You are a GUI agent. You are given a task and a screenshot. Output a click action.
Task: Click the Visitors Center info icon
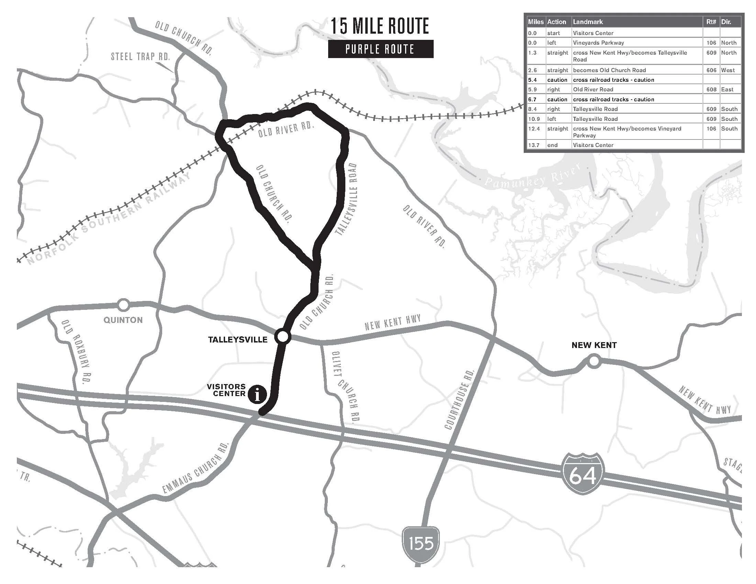point(257,394)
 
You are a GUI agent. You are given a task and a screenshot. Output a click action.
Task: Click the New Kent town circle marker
point(594,361)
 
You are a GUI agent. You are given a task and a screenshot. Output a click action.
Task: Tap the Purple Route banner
point(380,49)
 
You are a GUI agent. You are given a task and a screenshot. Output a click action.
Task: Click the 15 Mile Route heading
point(380,26)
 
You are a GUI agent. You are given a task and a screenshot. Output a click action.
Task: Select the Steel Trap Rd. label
point(141,56)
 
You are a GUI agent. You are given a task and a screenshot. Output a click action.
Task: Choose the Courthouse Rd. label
point(459,399)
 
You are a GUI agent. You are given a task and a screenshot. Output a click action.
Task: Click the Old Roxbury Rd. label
point(76,351)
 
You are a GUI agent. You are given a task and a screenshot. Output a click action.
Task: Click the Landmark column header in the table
point(588,22)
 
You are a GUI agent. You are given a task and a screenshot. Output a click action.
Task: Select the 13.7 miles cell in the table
point(533,145)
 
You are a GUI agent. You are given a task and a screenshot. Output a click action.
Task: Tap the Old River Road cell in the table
point(593,89)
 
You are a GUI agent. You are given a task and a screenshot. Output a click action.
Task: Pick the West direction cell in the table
point(728,70)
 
